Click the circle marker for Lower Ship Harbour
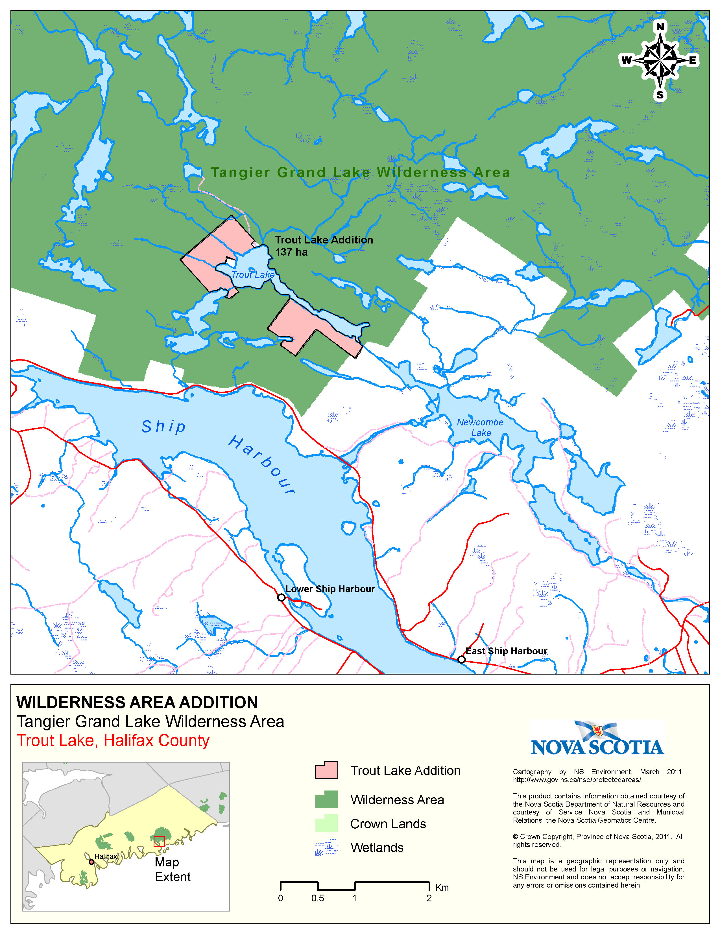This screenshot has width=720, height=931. tap(281, 598)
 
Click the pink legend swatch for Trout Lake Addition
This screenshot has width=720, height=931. tap(326, 770)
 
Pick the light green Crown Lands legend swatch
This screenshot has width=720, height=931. tap(326, 823)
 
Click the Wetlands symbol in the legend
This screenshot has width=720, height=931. tap(326, 847)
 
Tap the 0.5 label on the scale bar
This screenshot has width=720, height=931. tap(317, 898)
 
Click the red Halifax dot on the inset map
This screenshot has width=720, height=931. tap(91, 862)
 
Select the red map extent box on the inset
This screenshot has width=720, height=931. tap(159, 841)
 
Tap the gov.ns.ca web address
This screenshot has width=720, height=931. tap(577, 780)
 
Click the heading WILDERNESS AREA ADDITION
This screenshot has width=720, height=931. tap(137, 702)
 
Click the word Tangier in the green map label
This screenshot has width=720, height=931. tap(240, 173)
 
